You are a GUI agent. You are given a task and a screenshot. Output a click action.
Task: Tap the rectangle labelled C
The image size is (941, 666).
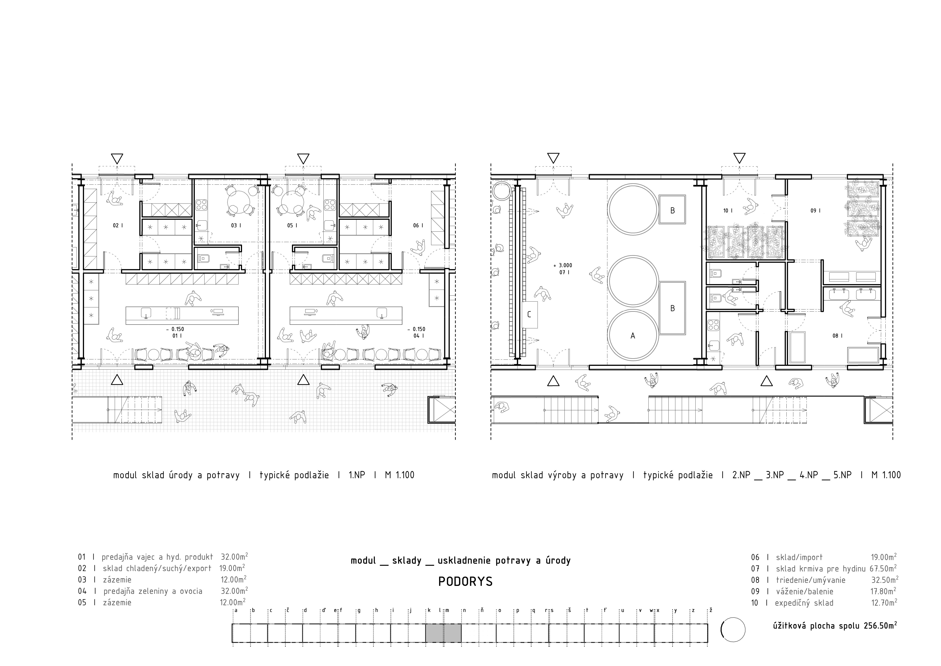530,315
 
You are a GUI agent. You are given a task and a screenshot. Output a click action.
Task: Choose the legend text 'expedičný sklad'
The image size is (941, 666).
804,603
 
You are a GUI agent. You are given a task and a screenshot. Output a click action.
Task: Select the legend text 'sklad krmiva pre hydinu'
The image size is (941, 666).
821,568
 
